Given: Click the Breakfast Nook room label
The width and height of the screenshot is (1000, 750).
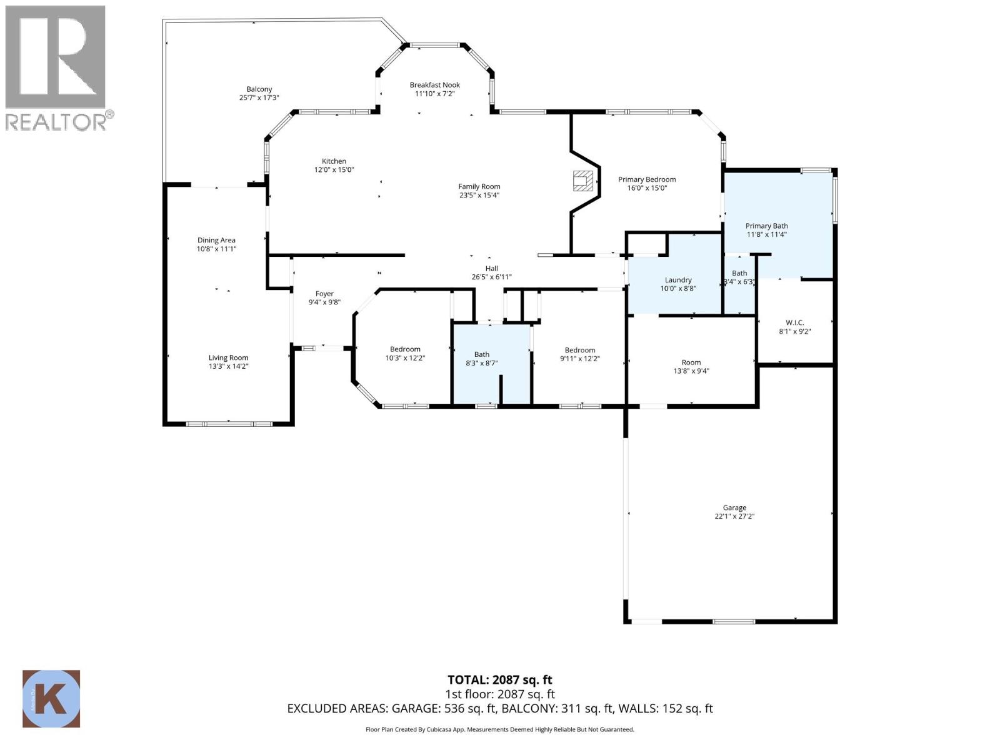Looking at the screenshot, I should pyautogui.click(x=434, y=85).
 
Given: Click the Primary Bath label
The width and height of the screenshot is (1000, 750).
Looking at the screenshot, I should pyautogui.click(x=766, y=226).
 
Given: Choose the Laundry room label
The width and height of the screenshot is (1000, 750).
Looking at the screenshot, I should pyautogui.click(x=678, y=280).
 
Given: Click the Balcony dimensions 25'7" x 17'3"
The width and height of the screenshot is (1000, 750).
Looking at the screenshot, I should pyautogui.click(x=259, y=98).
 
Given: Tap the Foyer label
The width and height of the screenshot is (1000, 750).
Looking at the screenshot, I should pyautogui.click(x=324, y=294).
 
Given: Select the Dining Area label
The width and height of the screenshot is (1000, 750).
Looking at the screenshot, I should pyautogui.click(x=216, y=240).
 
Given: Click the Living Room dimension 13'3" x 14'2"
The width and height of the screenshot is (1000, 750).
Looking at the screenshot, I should pyautogui.click(x=228, y=366).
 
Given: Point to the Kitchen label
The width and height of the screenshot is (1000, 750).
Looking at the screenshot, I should pyautogui.click(x=334, y=161).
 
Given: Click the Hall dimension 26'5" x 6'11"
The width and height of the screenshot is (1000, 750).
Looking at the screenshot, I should pyautogui.click(x=491, y=277).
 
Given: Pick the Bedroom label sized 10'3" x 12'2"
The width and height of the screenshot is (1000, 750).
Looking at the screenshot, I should pyautogui.click(x=405, y=349).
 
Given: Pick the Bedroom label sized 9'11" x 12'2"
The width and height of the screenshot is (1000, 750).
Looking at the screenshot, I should pyautogui.click(x=579, y=350).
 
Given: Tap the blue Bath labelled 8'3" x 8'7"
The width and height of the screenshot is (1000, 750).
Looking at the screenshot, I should pyautogui.click(x=481, y=354).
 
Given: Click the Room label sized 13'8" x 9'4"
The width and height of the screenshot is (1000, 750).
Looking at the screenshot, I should pyautogui.click(x=691, y=362).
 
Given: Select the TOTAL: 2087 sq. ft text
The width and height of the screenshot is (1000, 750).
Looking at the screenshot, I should pyautogui.click(x=499, y=679).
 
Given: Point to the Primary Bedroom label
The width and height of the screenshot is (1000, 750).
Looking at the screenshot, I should pyautogui.click(x=647, y=179).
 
